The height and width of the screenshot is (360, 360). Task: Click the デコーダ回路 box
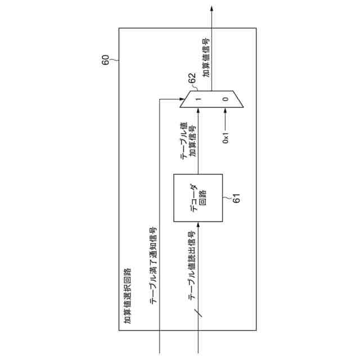[x=198, y=199]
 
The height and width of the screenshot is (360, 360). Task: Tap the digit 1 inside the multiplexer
[x=199, y=100]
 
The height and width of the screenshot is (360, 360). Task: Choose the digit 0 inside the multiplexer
[x=226, y=100]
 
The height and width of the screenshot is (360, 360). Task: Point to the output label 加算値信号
[x=206, y=57]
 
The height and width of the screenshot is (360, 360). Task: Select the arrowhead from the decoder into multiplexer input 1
[x=199, y=110]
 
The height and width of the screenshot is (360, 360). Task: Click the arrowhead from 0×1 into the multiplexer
[x=226, y=110]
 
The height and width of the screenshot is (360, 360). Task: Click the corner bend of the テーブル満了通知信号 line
[x=160, y=100]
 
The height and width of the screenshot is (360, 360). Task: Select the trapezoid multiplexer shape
[x=213, y=100]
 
